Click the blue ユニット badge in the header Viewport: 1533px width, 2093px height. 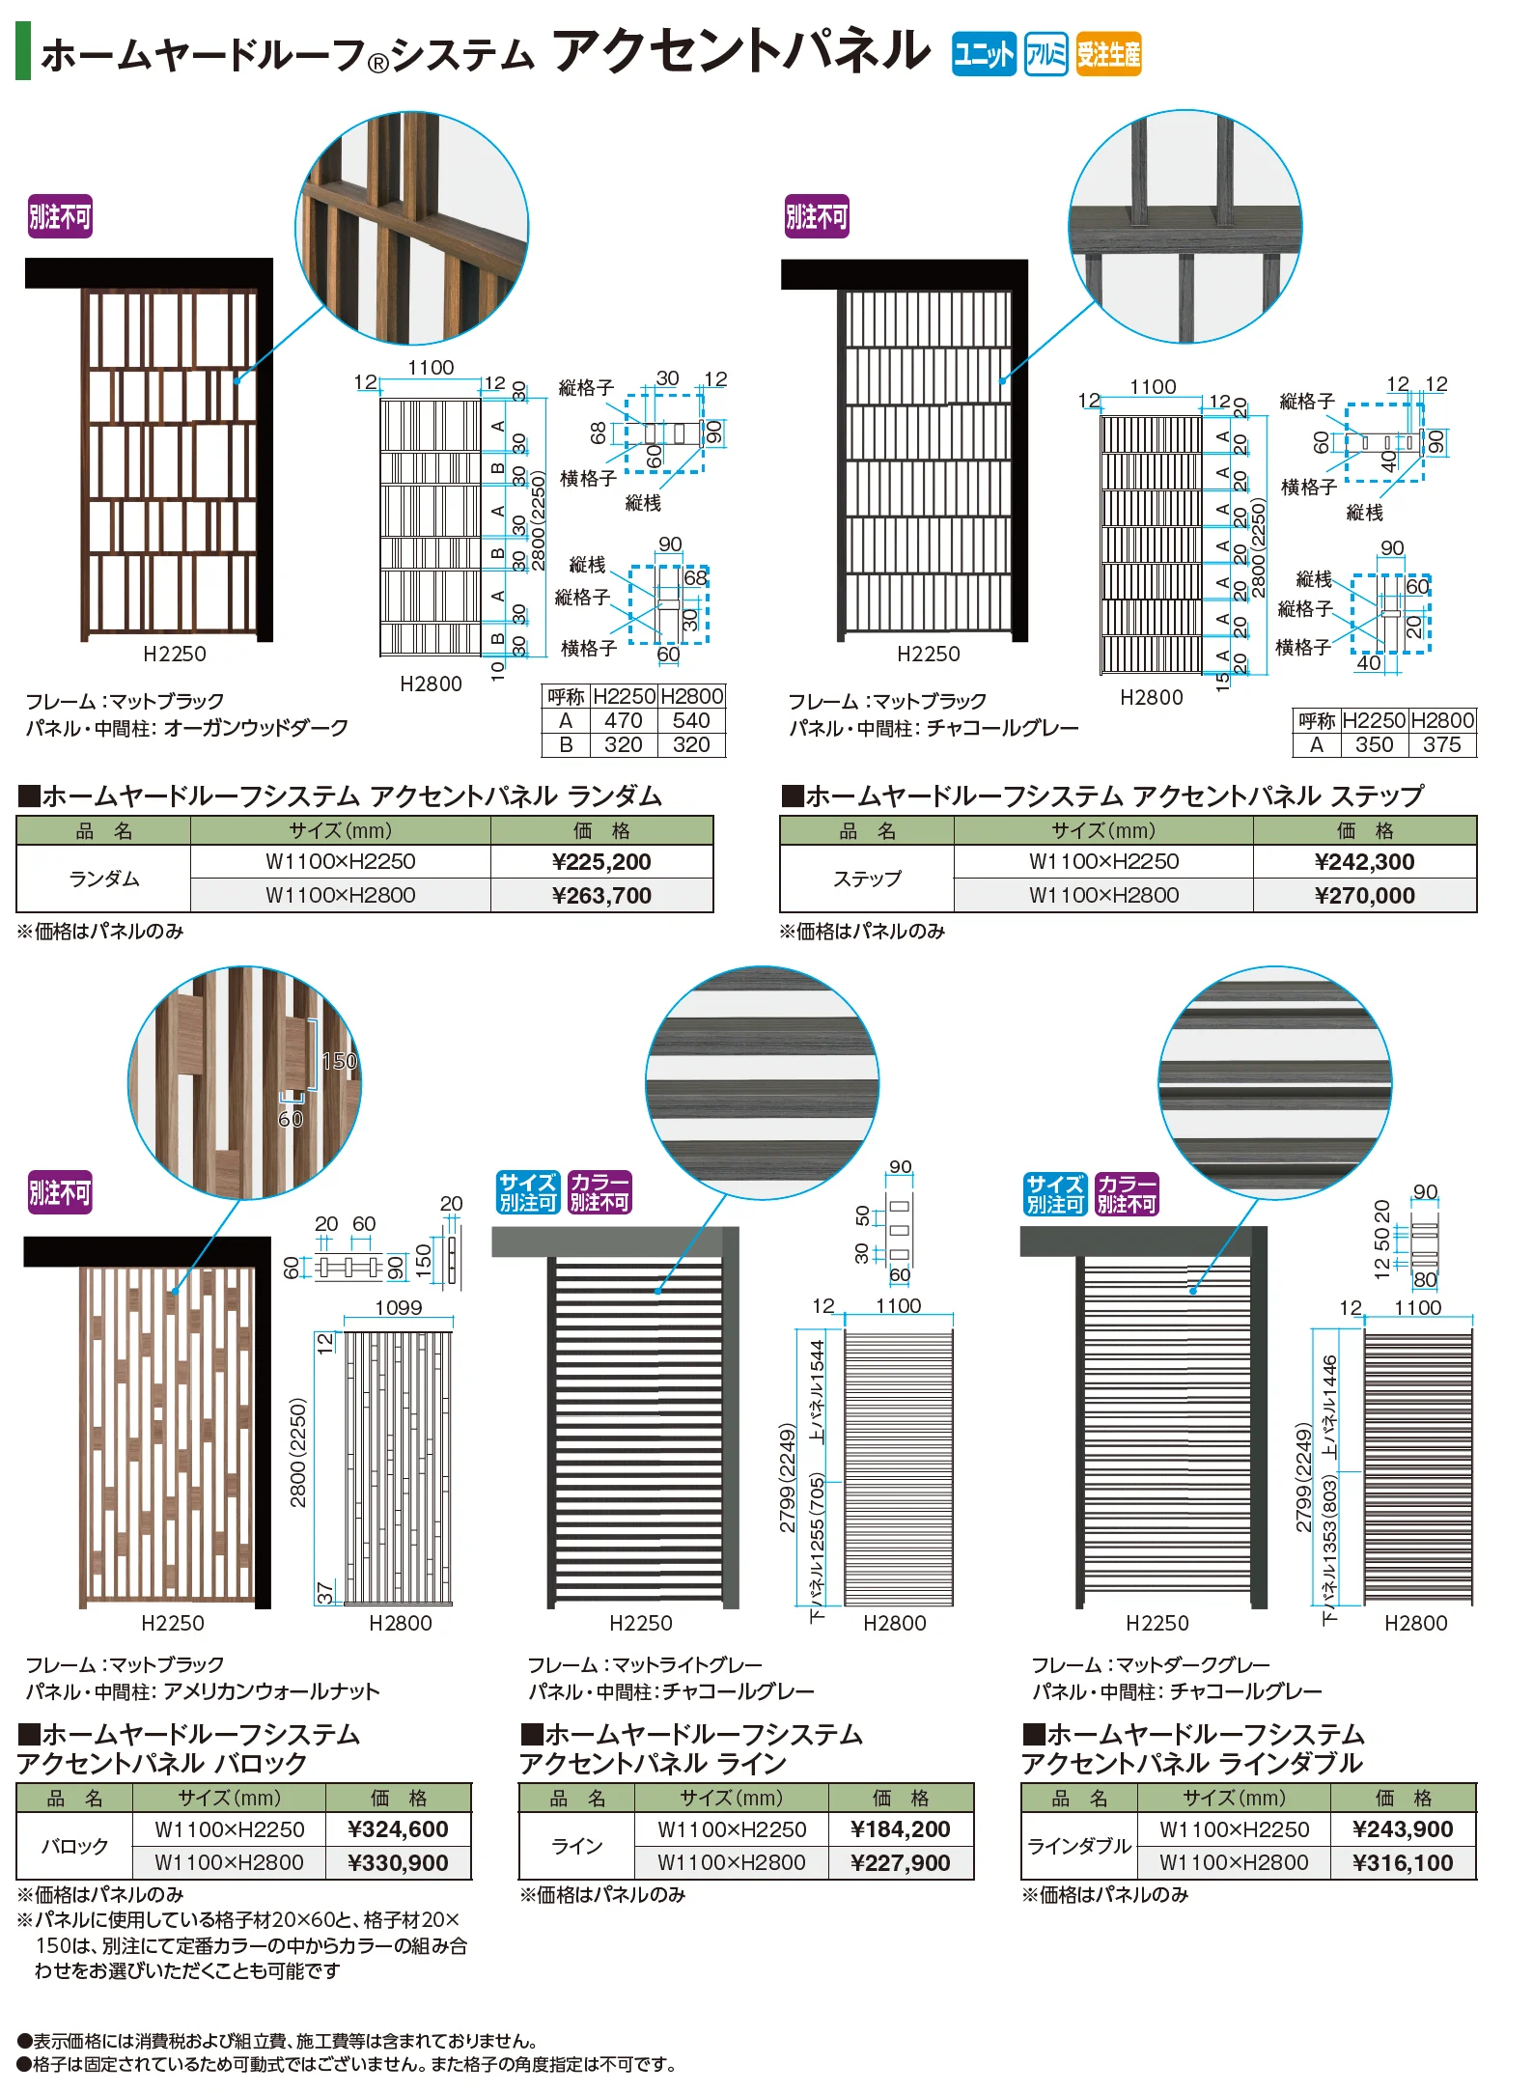[x=984, y=54]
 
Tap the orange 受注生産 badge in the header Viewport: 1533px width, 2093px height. [x=1108, y=54]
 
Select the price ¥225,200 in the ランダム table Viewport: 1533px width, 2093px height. [x=601, y=862]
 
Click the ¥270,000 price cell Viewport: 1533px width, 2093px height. [x=1364, y=896]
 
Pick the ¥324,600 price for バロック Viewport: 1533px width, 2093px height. [x=398, y=1829]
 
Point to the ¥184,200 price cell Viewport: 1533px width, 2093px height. [x=900, y=1829]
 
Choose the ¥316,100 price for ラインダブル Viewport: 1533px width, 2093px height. [x=1403, y=1863]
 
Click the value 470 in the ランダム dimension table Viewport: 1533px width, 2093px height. [x=624, y=720]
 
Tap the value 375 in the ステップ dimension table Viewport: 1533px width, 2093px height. [x=1441, y=744]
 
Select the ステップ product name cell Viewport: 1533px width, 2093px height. [x=867, y=879]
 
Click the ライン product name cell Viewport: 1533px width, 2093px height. [x=576, y=1846]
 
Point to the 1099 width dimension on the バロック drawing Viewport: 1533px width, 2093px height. [x=398, y=1307]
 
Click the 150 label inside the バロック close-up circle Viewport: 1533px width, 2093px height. [x=339, y=1061]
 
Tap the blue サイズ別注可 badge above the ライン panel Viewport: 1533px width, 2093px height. [x=528, y=1192]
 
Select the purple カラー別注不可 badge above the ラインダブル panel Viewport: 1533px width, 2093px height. [x=1127, y=1194]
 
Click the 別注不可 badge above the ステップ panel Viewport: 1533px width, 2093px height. [x=817, y=216]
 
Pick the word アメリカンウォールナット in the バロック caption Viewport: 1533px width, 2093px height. [x=271, y=1691]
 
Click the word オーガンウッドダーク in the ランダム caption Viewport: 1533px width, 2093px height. [x=256, y=728]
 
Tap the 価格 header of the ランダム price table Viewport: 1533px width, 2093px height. [x=601, y=831]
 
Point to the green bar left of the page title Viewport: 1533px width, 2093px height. [x=23, y=51]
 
